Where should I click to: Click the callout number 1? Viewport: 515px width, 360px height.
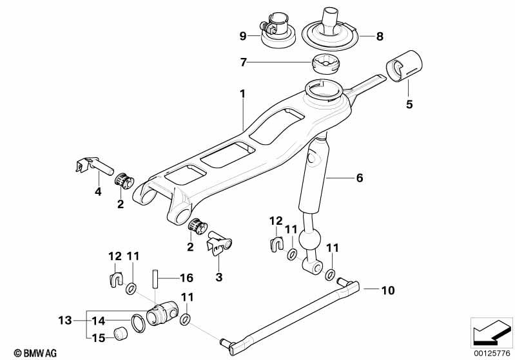click(x=242, y=94)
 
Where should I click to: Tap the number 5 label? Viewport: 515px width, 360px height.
click(x=408, y=103)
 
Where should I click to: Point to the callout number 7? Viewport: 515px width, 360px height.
click(x=243, y=62)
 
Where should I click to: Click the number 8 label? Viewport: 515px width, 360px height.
click(x=380, y=36)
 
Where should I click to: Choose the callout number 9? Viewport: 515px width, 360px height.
click(x=243, y=36)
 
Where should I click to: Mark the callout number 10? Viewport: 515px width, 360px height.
click(x=387, y=290)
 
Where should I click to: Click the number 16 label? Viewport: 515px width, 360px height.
click(x=186, y=279)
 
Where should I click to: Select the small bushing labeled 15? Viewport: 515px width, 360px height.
click(x=119, y=333)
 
